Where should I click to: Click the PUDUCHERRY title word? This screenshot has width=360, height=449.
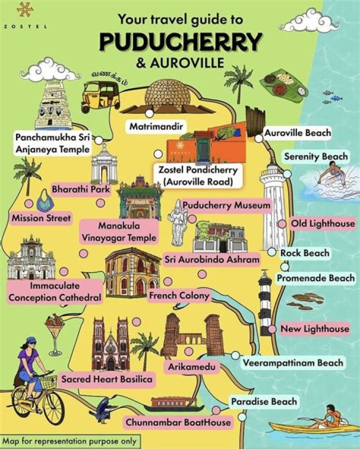point(180,42)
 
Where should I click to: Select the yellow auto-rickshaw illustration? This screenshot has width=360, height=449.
point(101,95)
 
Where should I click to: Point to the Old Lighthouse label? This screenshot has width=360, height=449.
point(322,223)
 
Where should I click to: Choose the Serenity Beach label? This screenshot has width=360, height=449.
point(315,156)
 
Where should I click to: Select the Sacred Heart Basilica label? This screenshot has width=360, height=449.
point(106,379)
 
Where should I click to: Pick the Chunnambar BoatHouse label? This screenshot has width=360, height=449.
point(178,422)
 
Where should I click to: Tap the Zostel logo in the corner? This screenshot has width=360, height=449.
point(24,15)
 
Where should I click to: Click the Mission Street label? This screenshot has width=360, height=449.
point(41,218)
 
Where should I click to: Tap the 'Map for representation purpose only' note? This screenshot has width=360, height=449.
point(68,441)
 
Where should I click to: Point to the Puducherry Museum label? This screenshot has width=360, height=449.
point(226,205)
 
